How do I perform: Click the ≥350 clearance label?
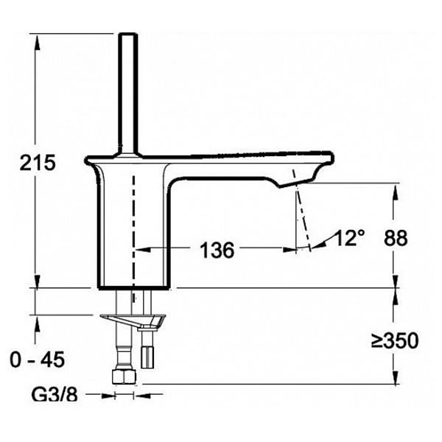click(x=394, y=340)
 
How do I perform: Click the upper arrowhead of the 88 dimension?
click(x=392, y=189)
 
